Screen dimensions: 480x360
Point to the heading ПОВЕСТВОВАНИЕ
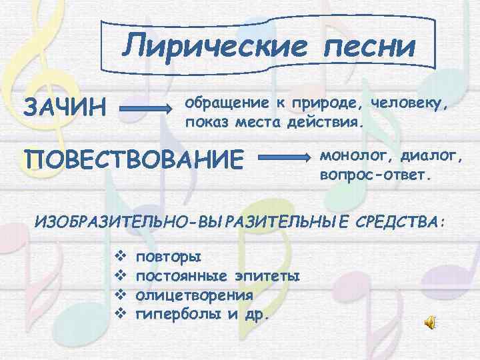[133, 160]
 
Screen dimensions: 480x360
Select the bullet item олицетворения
[194, 295]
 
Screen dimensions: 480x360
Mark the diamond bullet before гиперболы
[121, 313]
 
